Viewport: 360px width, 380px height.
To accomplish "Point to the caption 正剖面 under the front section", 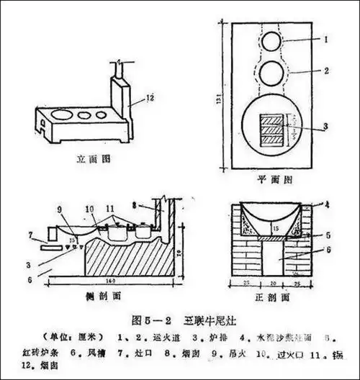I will (276, 296).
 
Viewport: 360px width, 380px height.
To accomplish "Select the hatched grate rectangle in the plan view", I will (271, 130).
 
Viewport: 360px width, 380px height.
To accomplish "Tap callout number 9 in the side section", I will (58, 209).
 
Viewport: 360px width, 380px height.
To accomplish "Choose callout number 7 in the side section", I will (30, 233).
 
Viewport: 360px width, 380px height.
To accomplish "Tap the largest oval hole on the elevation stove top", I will (63, 114).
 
